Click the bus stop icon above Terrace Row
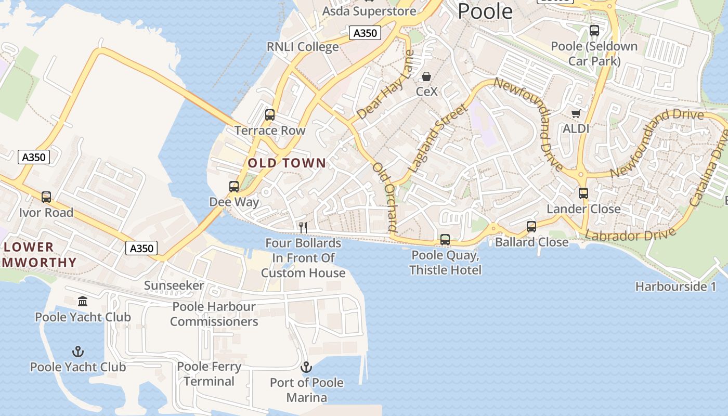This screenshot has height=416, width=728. click(270, 115)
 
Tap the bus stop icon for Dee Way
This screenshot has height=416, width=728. click(234, 186)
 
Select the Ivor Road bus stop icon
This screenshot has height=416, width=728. click(46, 197)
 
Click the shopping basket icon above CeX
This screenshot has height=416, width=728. click(426, 77)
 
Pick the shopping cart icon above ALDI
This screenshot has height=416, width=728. click(576, 113)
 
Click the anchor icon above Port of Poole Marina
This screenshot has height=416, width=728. click(306, 367)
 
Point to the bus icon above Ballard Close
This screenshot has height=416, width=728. click(531, 227)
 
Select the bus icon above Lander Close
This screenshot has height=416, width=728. click(583, 193)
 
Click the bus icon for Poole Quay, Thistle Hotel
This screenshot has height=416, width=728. click(445, 240)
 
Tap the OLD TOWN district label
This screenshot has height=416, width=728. click(287, 163)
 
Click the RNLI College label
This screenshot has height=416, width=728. click(303, 47)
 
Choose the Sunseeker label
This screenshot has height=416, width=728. click(174, 285)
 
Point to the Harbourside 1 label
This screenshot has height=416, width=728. click(675, 287)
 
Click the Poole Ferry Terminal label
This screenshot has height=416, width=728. click(209, 374)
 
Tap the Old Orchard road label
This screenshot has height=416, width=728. click(385, 197)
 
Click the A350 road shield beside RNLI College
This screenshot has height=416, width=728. click(365, 33)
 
